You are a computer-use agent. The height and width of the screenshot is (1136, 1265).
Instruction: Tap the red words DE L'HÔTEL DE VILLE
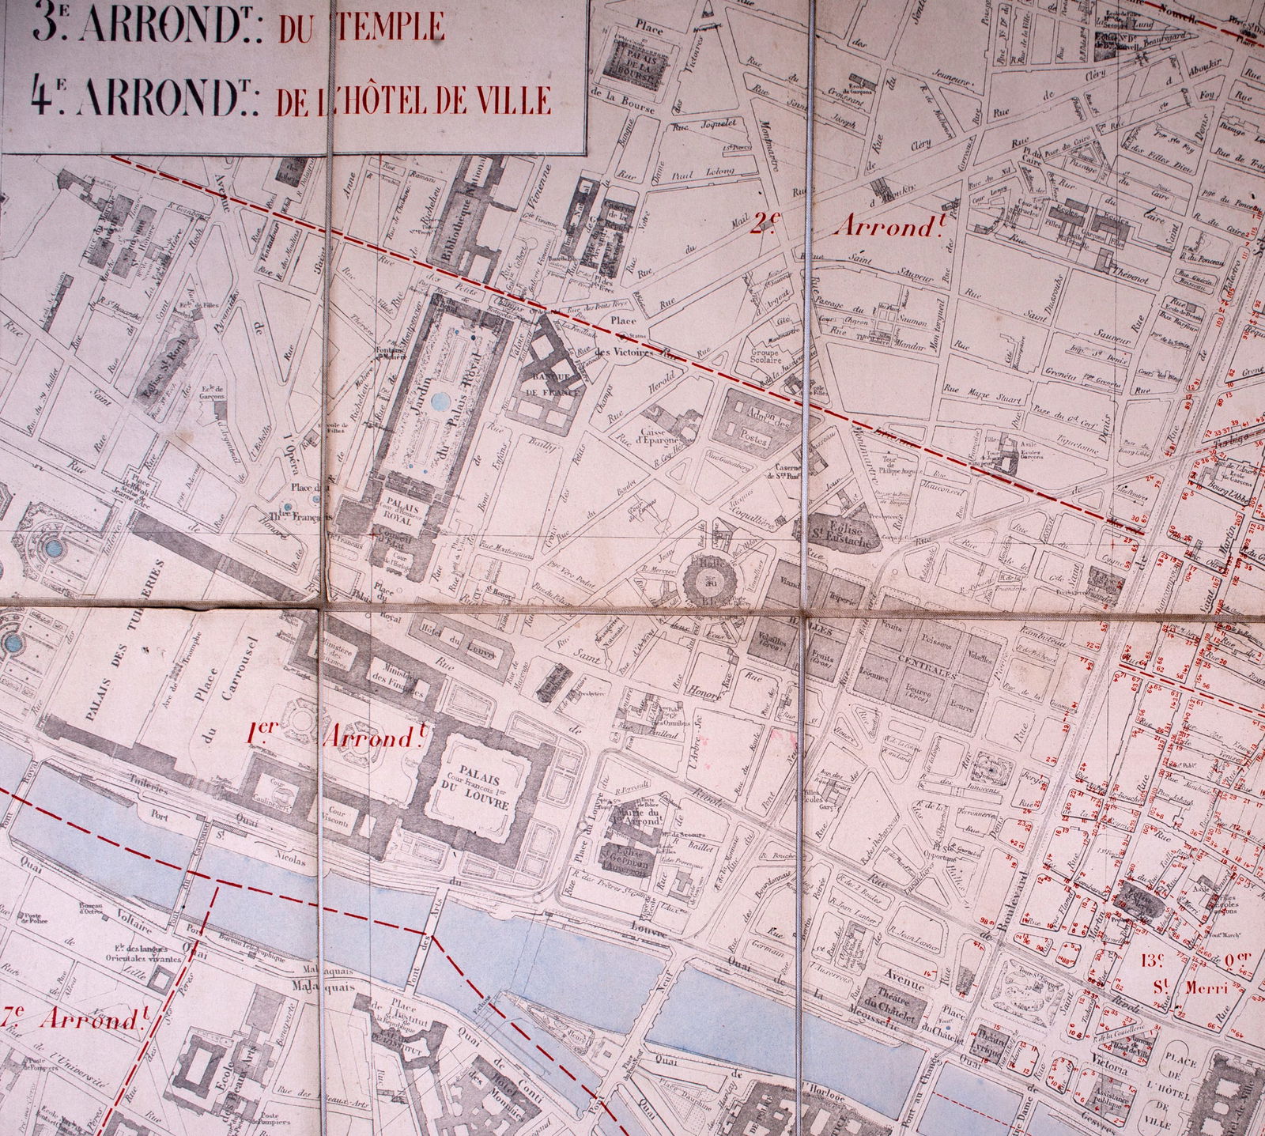tap(412, 100)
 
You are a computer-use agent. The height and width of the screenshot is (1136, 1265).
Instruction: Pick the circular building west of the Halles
tap(709, 579)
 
